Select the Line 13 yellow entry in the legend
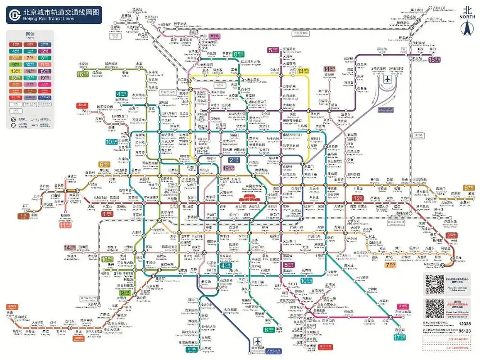(x=17, y=71)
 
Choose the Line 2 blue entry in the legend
(x=44, y=45)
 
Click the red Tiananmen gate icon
(x=243, y=199)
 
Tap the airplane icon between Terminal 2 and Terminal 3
(x=386, y=79)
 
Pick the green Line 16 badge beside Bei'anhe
(x=82, y=74)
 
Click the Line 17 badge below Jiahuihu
(x=399, y=337)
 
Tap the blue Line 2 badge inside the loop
(x=234, y=159)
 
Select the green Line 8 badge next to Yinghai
(x=269, y=329)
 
